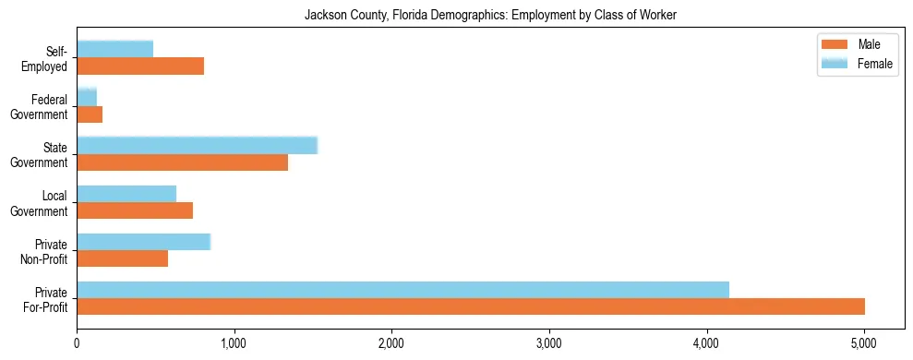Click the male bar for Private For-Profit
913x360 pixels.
[x=471, y=306]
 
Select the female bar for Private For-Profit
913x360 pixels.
[x=403, y=290]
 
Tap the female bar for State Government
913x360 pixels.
[x=197, y=145]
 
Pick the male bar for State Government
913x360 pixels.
[x=183, y=162]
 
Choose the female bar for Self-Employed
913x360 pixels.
[x=115, y=49]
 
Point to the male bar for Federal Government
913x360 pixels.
[x=90, y=114]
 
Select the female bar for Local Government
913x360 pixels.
[x=126, y=193]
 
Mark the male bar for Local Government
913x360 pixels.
[x=135, y=210]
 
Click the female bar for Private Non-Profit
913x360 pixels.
[x=144, y=242]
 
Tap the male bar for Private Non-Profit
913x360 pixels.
[x=123, y=258]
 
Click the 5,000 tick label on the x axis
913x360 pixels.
[x=863, y=343]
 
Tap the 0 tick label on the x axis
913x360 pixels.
[x=78, y=343]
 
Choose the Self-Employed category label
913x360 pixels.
[x=47, y=58]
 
